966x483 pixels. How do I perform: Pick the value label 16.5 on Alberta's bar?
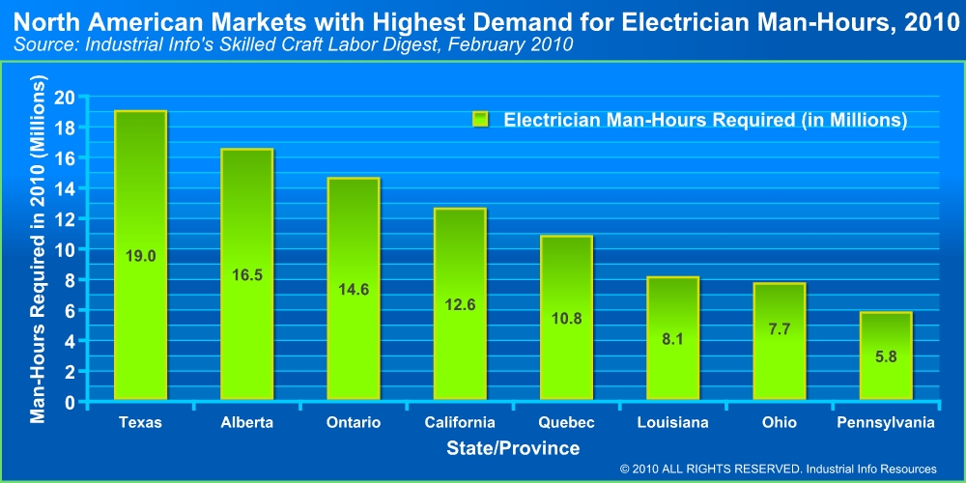click(246, 275)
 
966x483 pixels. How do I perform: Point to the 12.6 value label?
click(459, 305)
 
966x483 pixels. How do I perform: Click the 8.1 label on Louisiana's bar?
click(671, 339)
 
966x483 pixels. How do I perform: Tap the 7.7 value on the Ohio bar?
click(779, 329)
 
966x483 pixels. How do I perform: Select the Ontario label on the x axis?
click(354, 423)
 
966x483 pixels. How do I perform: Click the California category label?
click(459, 423)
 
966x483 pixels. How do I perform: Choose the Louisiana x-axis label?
click(672, 423)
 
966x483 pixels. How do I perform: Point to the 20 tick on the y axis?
click(65, 97)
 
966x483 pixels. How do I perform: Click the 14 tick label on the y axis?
click(65, 188)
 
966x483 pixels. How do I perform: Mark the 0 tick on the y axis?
click(70, 402)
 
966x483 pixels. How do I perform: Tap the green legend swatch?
click(481, 120)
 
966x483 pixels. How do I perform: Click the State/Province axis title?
click(513, 448)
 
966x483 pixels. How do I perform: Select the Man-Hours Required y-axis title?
click(39, 249)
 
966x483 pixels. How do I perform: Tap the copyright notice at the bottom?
click(779, 469)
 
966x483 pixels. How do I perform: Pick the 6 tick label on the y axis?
click(70, 310)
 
